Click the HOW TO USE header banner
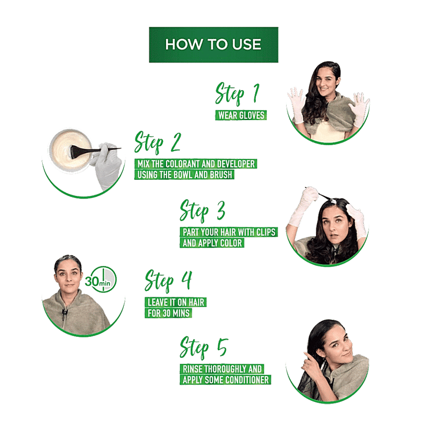pos(213,45)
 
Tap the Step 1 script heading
pos(237,94)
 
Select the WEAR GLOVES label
pos(241,115)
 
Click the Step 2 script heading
pos(157,143)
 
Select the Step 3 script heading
pos(202,211)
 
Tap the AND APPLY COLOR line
pos(212,243)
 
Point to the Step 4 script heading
pos(168,281)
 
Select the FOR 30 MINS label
pos(169,313)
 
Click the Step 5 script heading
pos(203,348)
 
